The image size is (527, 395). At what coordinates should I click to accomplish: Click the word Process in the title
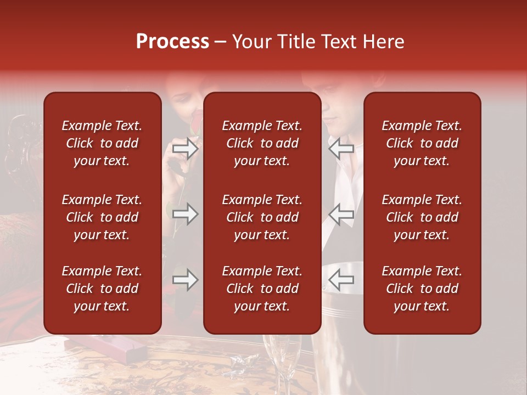pos(172,42)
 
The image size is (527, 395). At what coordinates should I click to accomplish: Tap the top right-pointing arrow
pos(185,149)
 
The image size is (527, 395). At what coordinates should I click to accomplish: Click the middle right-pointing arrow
pos(185,214)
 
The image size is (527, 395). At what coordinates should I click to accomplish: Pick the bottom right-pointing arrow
pos(185,280)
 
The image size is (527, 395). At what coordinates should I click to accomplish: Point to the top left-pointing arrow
pos(341,148)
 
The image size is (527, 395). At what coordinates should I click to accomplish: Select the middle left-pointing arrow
pos(341,214)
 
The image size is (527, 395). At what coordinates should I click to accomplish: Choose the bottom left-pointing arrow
pos(341,280)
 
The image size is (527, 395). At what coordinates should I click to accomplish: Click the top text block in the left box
pos(102,143)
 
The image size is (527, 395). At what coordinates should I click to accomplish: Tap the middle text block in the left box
pos(102,217)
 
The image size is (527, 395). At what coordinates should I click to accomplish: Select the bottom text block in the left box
pos(102,289)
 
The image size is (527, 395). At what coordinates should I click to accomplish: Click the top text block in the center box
pos(262,143)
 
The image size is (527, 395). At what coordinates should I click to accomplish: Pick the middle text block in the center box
pos(262,217)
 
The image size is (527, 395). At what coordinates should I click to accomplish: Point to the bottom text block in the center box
pos(262,289)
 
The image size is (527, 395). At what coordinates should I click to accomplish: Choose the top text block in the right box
pos(422,143)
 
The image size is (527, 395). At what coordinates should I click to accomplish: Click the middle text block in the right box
pos(422,217)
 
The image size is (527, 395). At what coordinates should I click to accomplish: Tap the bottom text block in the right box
pos(422,289)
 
